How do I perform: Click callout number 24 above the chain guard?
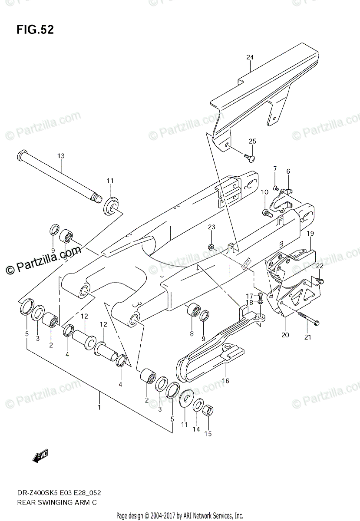tap(249, 57)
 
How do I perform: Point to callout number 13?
tap(60, 156)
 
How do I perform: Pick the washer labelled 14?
tap(198, 405)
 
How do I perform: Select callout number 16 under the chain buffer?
tap(225, 381)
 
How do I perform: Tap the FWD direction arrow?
tap(40, 456)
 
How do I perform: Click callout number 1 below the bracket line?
tap(99, 407)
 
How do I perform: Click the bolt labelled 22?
tap(321, 281)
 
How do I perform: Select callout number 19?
tap(311, 234)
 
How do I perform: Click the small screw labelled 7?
tap(275, 187)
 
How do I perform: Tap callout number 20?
tap(285, 334)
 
